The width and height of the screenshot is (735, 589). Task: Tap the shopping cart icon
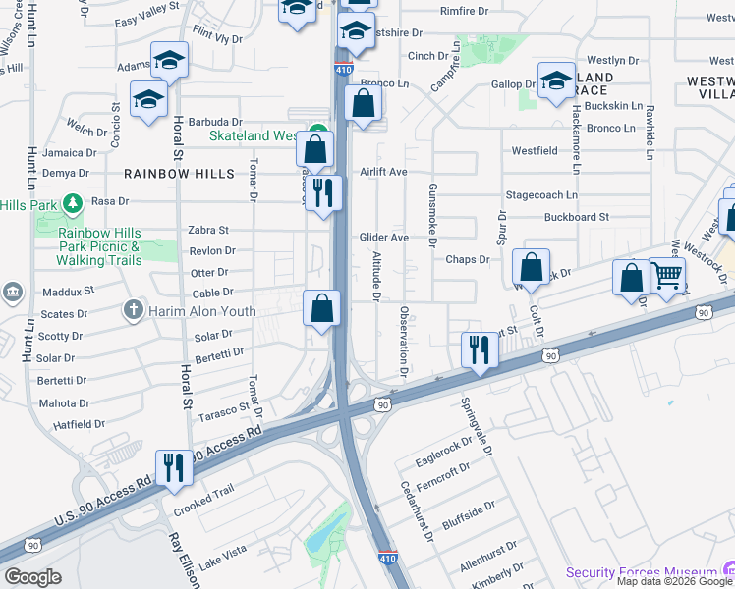pyautogui.click(x=667, y=277)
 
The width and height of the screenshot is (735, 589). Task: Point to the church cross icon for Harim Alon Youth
pyautogui.click(x=135, y=311)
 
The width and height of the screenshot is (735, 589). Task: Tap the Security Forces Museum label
pyautogui.click(x=640, y=573)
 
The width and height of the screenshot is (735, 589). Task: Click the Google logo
pyautogui.click(x=32, y=577)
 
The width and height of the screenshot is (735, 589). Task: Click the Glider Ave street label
pyautogui.click(x=383, y=238)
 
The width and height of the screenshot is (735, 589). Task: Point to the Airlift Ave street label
pyautogui.click(x=383, y=172)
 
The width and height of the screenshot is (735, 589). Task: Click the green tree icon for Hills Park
pyautogui.click(x=71, y=203)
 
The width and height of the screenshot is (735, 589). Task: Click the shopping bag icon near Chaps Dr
pyautogui.click(x=531, y=267)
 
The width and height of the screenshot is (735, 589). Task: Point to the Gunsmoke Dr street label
pyautogui.click(x=432, y=213)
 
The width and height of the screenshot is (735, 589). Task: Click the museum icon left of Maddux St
pyautogui.click(x=12, y=292)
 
